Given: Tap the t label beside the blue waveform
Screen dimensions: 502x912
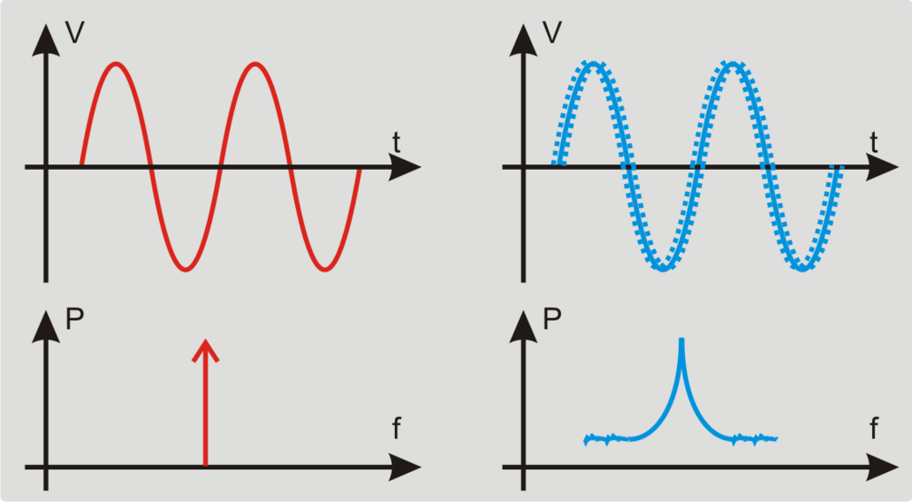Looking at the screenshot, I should (873, 142).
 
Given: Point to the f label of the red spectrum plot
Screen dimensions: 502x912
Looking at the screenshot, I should (397, 428).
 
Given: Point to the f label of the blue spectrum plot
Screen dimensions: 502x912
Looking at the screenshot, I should (874, 428).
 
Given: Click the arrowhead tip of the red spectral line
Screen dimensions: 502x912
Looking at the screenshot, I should (206, 340).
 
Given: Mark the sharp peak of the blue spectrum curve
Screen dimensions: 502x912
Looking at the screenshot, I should (681, 340).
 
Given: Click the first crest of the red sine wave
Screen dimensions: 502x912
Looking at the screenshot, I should (115, 64).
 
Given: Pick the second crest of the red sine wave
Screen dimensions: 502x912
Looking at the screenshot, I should (255, 64).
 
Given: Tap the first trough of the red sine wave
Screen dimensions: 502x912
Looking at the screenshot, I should (185, 269).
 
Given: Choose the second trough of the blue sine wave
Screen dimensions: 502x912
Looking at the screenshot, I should (802, 269).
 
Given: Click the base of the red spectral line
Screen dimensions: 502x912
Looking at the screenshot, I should (206, 465).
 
